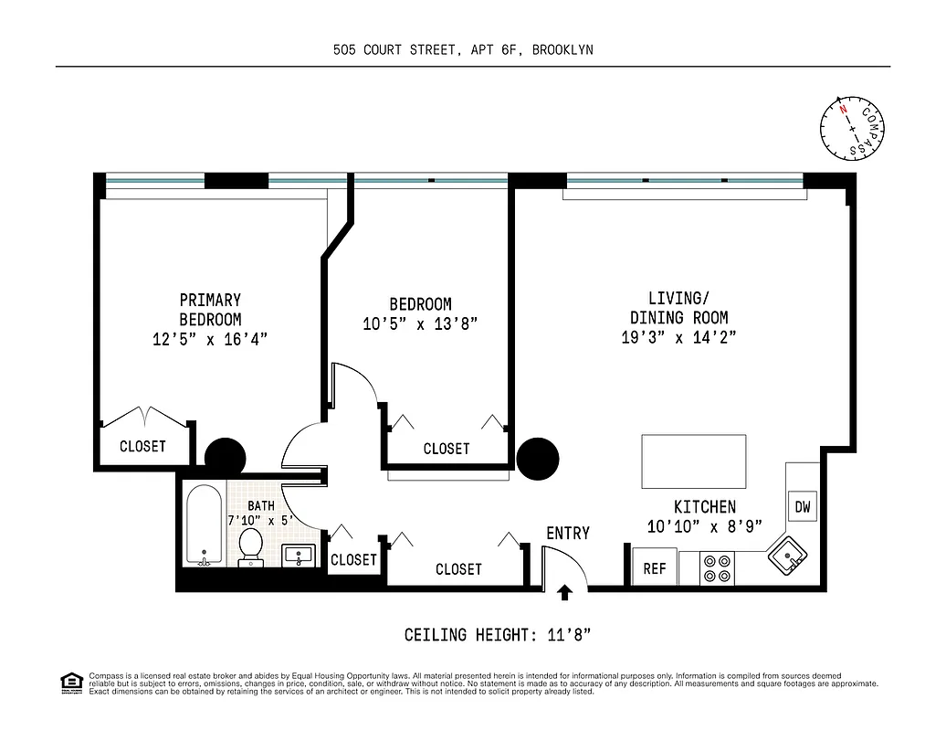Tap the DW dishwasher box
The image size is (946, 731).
click(x=802, y=506)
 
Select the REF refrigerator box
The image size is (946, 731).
click(x=655, y=568)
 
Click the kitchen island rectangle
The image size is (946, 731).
click(x=694, y=461)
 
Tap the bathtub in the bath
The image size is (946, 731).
click(x=203, y=524)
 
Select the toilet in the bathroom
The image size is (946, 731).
click(x=250, y=546)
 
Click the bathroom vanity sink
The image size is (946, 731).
click(x=300, y=554)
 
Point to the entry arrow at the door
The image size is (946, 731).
click(x=564, y=592)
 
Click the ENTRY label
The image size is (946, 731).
click(x=568, y=534)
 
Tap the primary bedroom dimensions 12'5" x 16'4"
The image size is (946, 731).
click(x=210, y=339)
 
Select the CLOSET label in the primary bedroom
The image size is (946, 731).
click(x=143, y=447)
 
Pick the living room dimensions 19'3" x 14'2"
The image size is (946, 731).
click(x=678, y=337)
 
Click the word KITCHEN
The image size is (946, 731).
click(x=704, y=507)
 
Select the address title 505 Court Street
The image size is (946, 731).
click(x=463, y=49)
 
